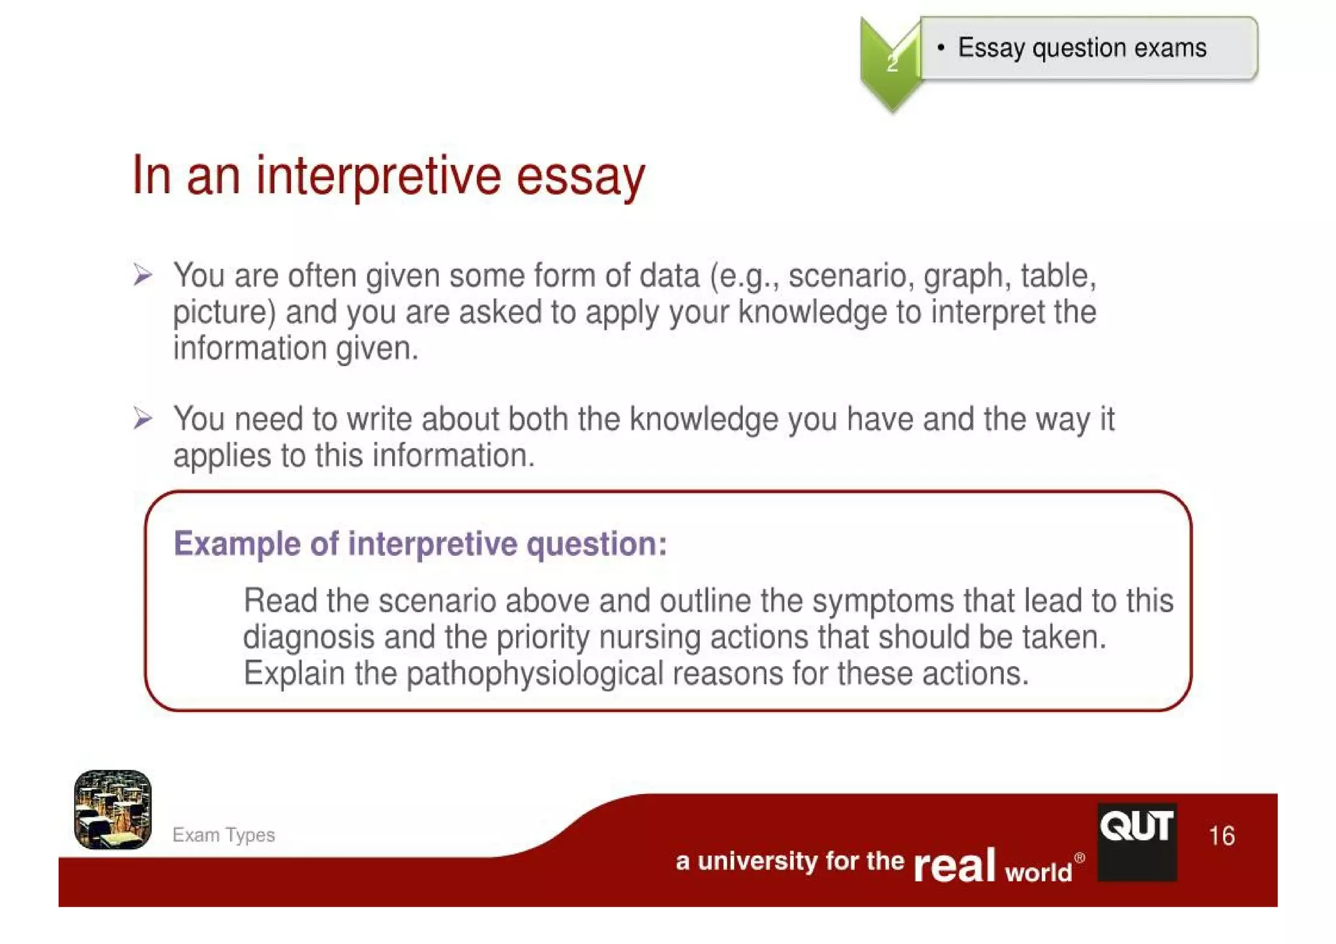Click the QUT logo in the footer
1137,841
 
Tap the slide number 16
1221,836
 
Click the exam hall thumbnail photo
113,810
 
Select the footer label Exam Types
223,835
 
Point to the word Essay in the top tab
991,48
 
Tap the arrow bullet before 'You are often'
143,275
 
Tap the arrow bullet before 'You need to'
143,418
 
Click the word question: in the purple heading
596,545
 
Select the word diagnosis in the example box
309,637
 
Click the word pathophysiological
534,674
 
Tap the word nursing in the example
650,638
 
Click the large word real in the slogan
954,865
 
